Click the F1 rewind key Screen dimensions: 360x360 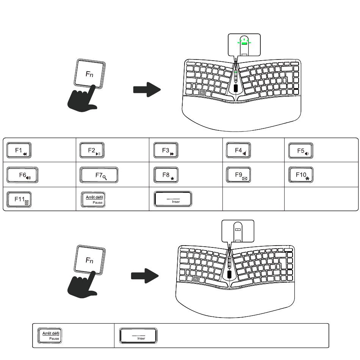click(19, 150)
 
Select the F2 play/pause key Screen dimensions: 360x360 click(92, 150)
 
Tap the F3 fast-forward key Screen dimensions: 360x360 click(166, 150)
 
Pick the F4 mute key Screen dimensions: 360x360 click(238, 150)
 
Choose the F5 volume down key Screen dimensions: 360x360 click(301, 150)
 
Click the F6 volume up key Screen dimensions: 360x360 click(22, 175)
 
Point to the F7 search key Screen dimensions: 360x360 click(99, 175)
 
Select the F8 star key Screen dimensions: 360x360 click(166, 175)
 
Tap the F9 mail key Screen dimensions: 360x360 click(238, 175)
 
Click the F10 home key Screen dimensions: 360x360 click(301, 175)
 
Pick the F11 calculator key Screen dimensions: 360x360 click(19, 199)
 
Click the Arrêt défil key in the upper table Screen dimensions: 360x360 click(93, 199)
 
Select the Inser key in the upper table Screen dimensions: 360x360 click(173, 199)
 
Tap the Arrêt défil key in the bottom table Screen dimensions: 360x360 click(50, 335)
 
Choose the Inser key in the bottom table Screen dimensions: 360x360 click(138, 336)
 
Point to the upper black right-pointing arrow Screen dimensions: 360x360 click(147, 89)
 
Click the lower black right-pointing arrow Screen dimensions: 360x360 click(145, 276)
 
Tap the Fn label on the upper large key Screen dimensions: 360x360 click(89, 74)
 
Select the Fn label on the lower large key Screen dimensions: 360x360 click(89, 260)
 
